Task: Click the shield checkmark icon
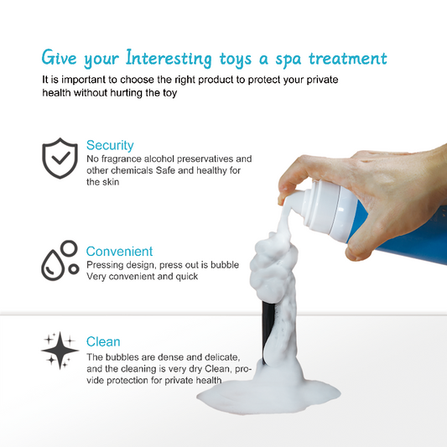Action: (x=60, y=158)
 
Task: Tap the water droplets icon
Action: (x=60, y=261)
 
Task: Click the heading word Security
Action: (x=110, y=145)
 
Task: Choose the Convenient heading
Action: (x=120, y=251)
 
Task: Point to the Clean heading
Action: (x=103, y=341)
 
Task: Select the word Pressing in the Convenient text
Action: (x=104, y=264)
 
